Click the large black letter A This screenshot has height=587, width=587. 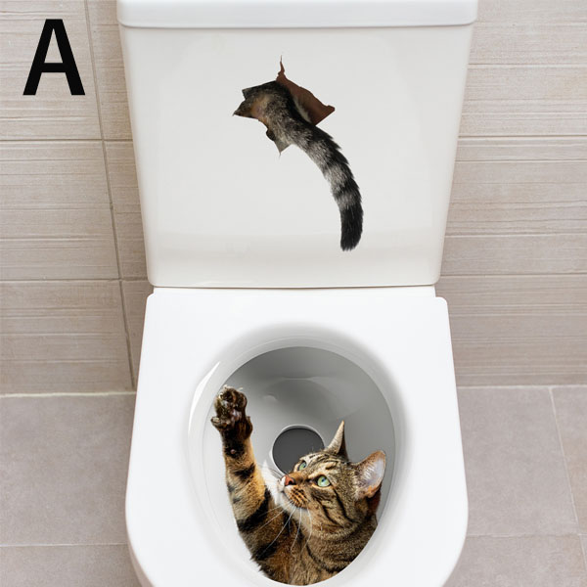[54, 57]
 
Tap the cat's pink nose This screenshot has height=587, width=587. [289, 480]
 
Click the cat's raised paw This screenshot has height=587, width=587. [231, 411]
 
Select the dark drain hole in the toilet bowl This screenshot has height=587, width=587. [296, 448]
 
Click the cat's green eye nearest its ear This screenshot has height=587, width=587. [323, 481]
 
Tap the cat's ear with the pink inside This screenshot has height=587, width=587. [371, 473]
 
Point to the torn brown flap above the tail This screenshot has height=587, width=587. [304, 96]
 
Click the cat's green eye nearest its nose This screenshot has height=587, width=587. [302, 466]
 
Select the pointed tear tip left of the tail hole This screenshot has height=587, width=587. [235, 113]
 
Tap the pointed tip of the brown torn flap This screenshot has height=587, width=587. [281, 58]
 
